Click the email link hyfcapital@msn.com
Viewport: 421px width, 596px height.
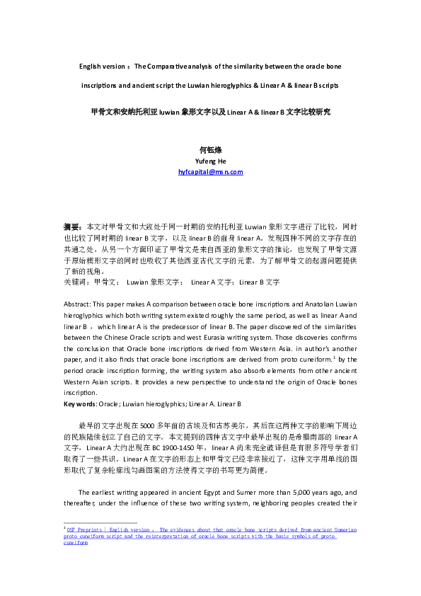tap(210, 172)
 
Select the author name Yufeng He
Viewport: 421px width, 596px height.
tap(210, 161)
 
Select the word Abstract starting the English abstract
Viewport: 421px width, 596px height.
tap(78, 302)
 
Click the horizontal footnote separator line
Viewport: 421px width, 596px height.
tap(90, 543)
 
